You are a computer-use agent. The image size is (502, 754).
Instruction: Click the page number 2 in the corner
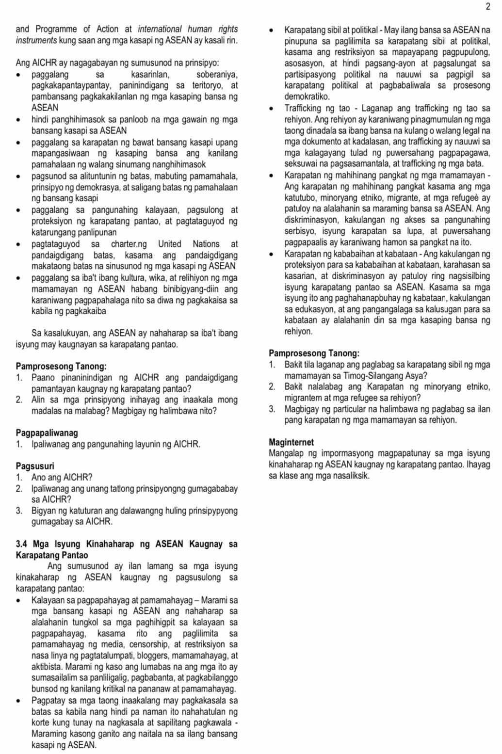coord(487,6)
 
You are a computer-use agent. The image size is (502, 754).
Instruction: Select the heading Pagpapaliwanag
coord(47,433)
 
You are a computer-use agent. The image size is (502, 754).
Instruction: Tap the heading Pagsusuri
coord(35,466)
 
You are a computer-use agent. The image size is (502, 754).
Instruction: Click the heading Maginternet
coord(291,442)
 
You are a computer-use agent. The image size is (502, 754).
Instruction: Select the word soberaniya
coord(217,75)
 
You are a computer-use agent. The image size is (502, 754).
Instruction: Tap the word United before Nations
coord(170,244)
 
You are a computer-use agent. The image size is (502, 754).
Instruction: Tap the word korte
coord(42,723)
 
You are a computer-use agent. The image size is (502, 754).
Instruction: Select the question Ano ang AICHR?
coord(62,477)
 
